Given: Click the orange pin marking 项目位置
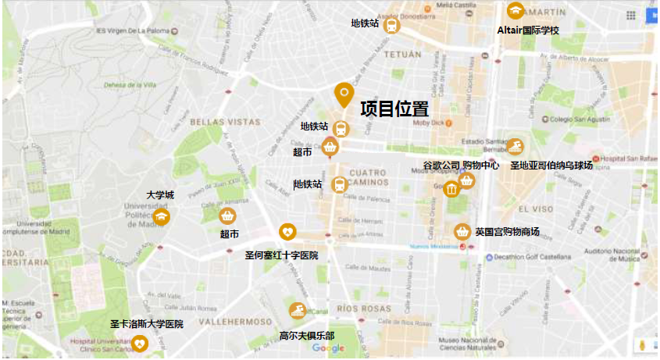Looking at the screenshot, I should (344, 94).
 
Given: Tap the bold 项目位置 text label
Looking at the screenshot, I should (394, 109).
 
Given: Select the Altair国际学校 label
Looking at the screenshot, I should (529, 30).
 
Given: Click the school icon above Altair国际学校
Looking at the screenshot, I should (515, 11).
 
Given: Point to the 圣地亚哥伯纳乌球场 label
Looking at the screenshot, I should (551, 166).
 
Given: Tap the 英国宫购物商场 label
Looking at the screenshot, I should (507, 232).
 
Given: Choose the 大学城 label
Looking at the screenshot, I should (160, 194).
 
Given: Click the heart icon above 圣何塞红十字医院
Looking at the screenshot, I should (287, 232).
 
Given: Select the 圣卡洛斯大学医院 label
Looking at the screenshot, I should (146, 323).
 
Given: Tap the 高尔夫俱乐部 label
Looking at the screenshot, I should (307, 336).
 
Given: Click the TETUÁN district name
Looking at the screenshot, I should (403, 55).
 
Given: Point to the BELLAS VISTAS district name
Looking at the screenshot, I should (225, 122).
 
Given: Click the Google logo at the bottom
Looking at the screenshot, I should (328, 348).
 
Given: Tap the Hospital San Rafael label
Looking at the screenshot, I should (629, 159).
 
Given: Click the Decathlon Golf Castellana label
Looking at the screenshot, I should (530, 256).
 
